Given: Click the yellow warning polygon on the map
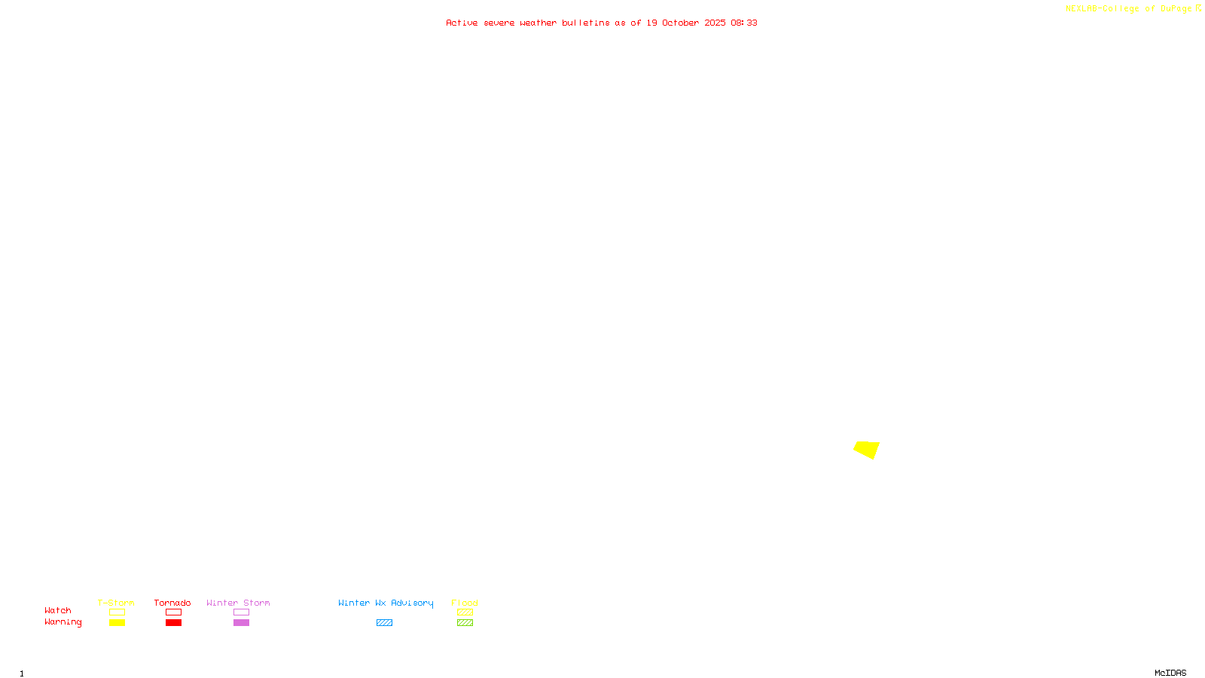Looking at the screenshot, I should tap(867, 449).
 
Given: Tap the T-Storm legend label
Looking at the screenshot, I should tap(116, 603).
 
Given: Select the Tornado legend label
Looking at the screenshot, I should tap(172, 603).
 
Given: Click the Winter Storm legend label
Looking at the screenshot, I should tap(238, 603).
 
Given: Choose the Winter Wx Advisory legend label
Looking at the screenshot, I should tap(386, 603).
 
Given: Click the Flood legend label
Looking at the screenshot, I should tap(465, 603).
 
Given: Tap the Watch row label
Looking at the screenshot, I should tap(58, 610).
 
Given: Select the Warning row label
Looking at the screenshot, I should tap(63, 622).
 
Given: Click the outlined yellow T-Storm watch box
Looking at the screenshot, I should tap(117, 612).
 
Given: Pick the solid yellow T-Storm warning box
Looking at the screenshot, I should tap(117, 623).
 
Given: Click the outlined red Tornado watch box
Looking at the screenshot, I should tap(173, 612).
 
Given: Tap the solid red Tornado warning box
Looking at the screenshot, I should tap(173, 623).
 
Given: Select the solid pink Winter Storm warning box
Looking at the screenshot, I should tap(241, 623).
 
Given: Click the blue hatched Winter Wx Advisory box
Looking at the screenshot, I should tap(384, 623).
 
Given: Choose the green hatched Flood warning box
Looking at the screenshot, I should tap(465, 623).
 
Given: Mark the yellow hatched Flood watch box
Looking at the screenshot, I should tap(465, 612).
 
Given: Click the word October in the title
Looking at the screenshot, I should tap(680, 23).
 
